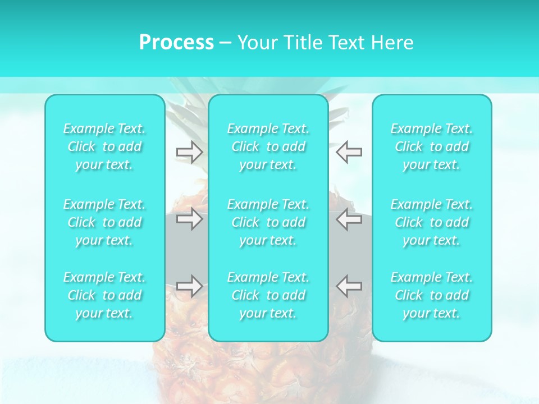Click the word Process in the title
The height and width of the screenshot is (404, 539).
(x=176, y=43)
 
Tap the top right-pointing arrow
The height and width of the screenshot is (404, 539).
(x=189, y=151)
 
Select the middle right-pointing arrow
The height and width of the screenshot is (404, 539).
(x=189, y=219)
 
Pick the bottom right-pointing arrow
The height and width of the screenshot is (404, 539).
(x=189, y=286)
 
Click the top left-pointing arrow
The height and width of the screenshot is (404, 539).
(x=349, y=151)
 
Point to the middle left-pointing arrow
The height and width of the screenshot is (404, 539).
(x=349, y=219)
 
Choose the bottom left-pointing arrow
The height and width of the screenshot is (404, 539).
(x=349, y=286)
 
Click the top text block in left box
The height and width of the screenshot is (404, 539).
(x=104, y=146)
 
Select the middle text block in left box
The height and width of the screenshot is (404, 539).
(x=104, y=222)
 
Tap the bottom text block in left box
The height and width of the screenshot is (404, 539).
(x=104, y=295)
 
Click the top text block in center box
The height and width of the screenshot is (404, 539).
(x=268, y=146)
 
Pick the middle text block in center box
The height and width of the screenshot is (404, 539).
(x=268, y=222)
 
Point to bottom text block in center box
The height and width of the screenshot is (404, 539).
(x=268, y=295)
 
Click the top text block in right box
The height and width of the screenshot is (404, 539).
(x=431, y=146)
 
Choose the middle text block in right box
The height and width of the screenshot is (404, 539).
(x=431, y=222)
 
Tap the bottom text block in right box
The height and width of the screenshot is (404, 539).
(x=431, y=295)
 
